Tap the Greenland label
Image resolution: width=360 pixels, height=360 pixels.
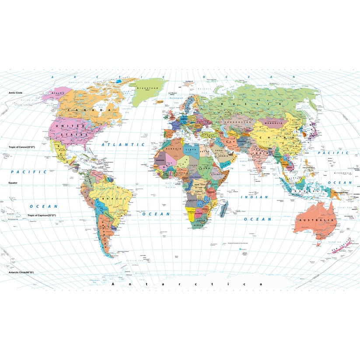[147, 88]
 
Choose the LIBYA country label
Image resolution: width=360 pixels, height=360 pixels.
[191, 150]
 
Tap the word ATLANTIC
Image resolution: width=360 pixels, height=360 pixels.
[123, 144]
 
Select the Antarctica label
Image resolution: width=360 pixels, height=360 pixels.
[187, 284]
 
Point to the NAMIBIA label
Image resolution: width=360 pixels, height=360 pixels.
[192, 212]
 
